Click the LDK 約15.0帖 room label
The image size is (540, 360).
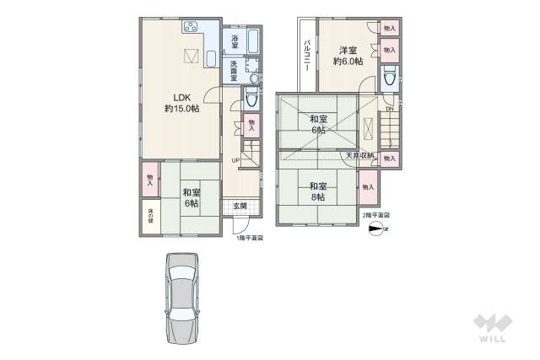[x=180, y=102]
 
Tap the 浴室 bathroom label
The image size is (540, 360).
[x=234, y=41]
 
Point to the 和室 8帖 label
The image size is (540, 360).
[x=318, y=191]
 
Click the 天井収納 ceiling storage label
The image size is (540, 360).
[x=359, y=156]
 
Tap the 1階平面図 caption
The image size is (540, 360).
[x=250, y=239]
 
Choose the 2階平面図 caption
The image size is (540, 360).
[x=375, y=216]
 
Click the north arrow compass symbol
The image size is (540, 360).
[x=376, y=228]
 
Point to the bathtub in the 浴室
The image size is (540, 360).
[x=253, y=42]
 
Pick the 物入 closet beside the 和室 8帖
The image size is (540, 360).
[x=368, y=187]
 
